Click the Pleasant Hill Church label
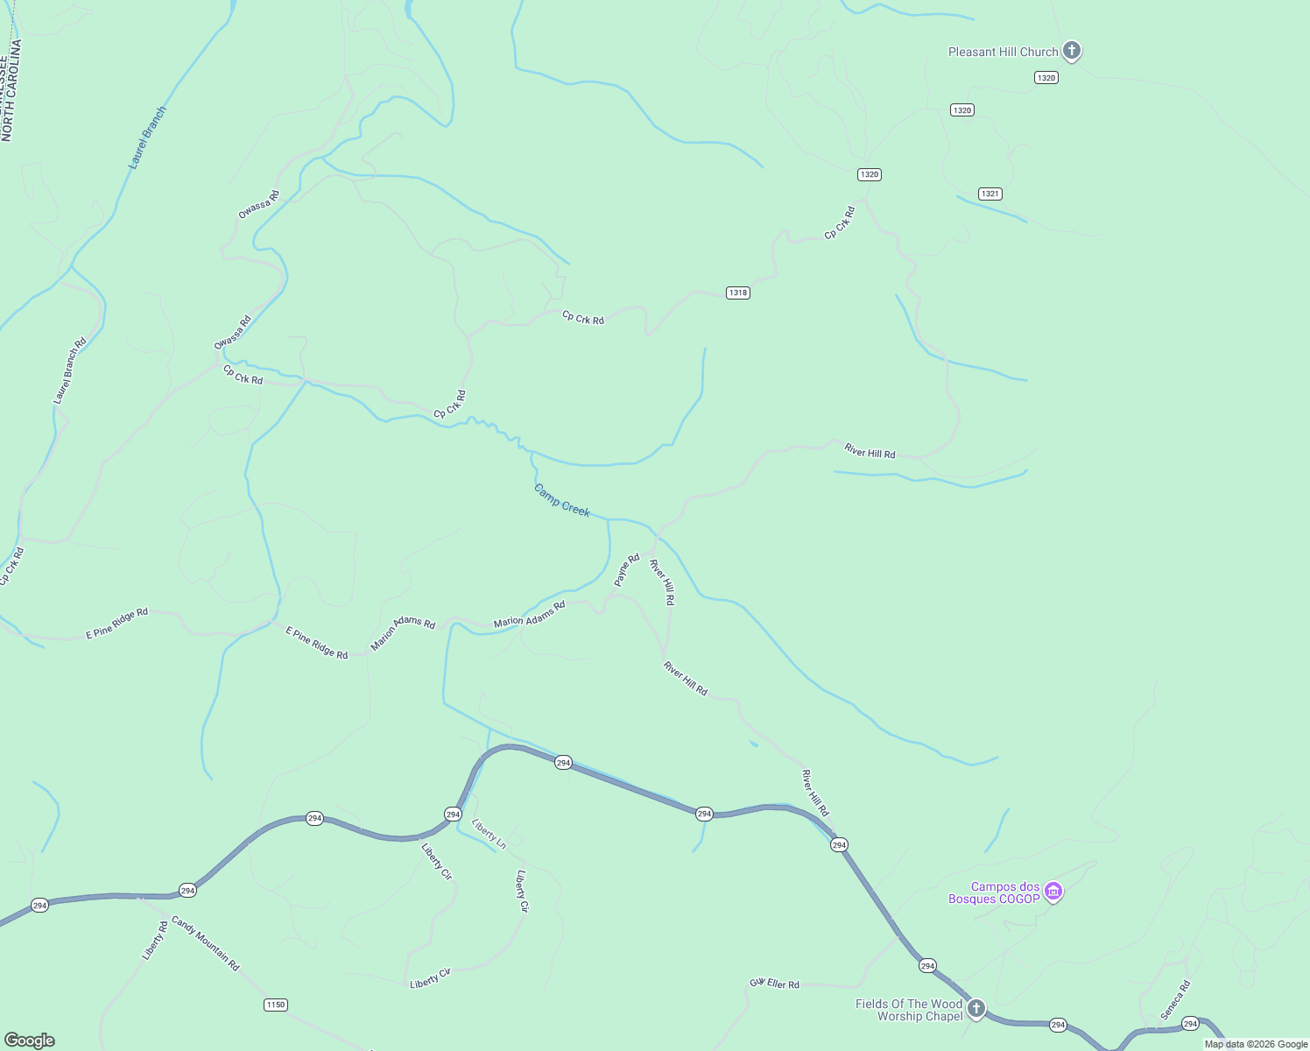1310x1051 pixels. pyautogui.click(x=1003, y=53)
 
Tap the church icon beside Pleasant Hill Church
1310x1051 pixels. pyautogui.click(x=1072, y=51)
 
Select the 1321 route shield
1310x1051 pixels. pyautogui.click(x=990, y=194)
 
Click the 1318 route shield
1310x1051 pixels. pyautogui.click(x=737, y=293)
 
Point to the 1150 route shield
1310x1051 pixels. pyautogui.click(x=275, y=1005)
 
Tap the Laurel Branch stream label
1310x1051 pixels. pyautogui.click(x=146, y=138)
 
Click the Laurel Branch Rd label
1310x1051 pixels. pyautogui.click(x=70, y=370)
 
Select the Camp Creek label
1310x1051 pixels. pyautogui.click(x=562, y=500)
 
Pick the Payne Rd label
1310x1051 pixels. pyautogui.click(x=627, y=569)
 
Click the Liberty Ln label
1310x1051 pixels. pyautogui.click(x=489, y=834)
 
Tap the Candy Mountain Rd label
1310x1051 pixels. pyautogui.click(x=205, y=943)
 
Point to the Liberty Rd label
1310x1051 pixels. pyautogui.click(x=155, y=941)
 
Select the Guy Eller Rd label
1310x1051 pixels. pyautogui.click(x=775, y=984)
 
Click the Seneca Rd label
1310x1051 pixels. pyautogui.click(x=1175, y=999)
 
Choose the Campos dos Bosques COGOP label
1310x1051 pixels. pyautogui.click(x=995, y=892)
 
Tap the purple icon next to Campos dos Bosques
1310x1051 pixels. pyautogui.click(x=1053, y=892)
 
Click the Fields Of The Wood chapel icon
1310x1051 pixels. pyautogui.click(x=975, y=1009)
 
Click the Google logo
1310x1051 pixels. pyautogui.click(x=29, y=1040)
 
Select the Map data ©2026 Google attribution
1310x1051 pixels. pyautogui.click(x=1256, y=1044)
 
